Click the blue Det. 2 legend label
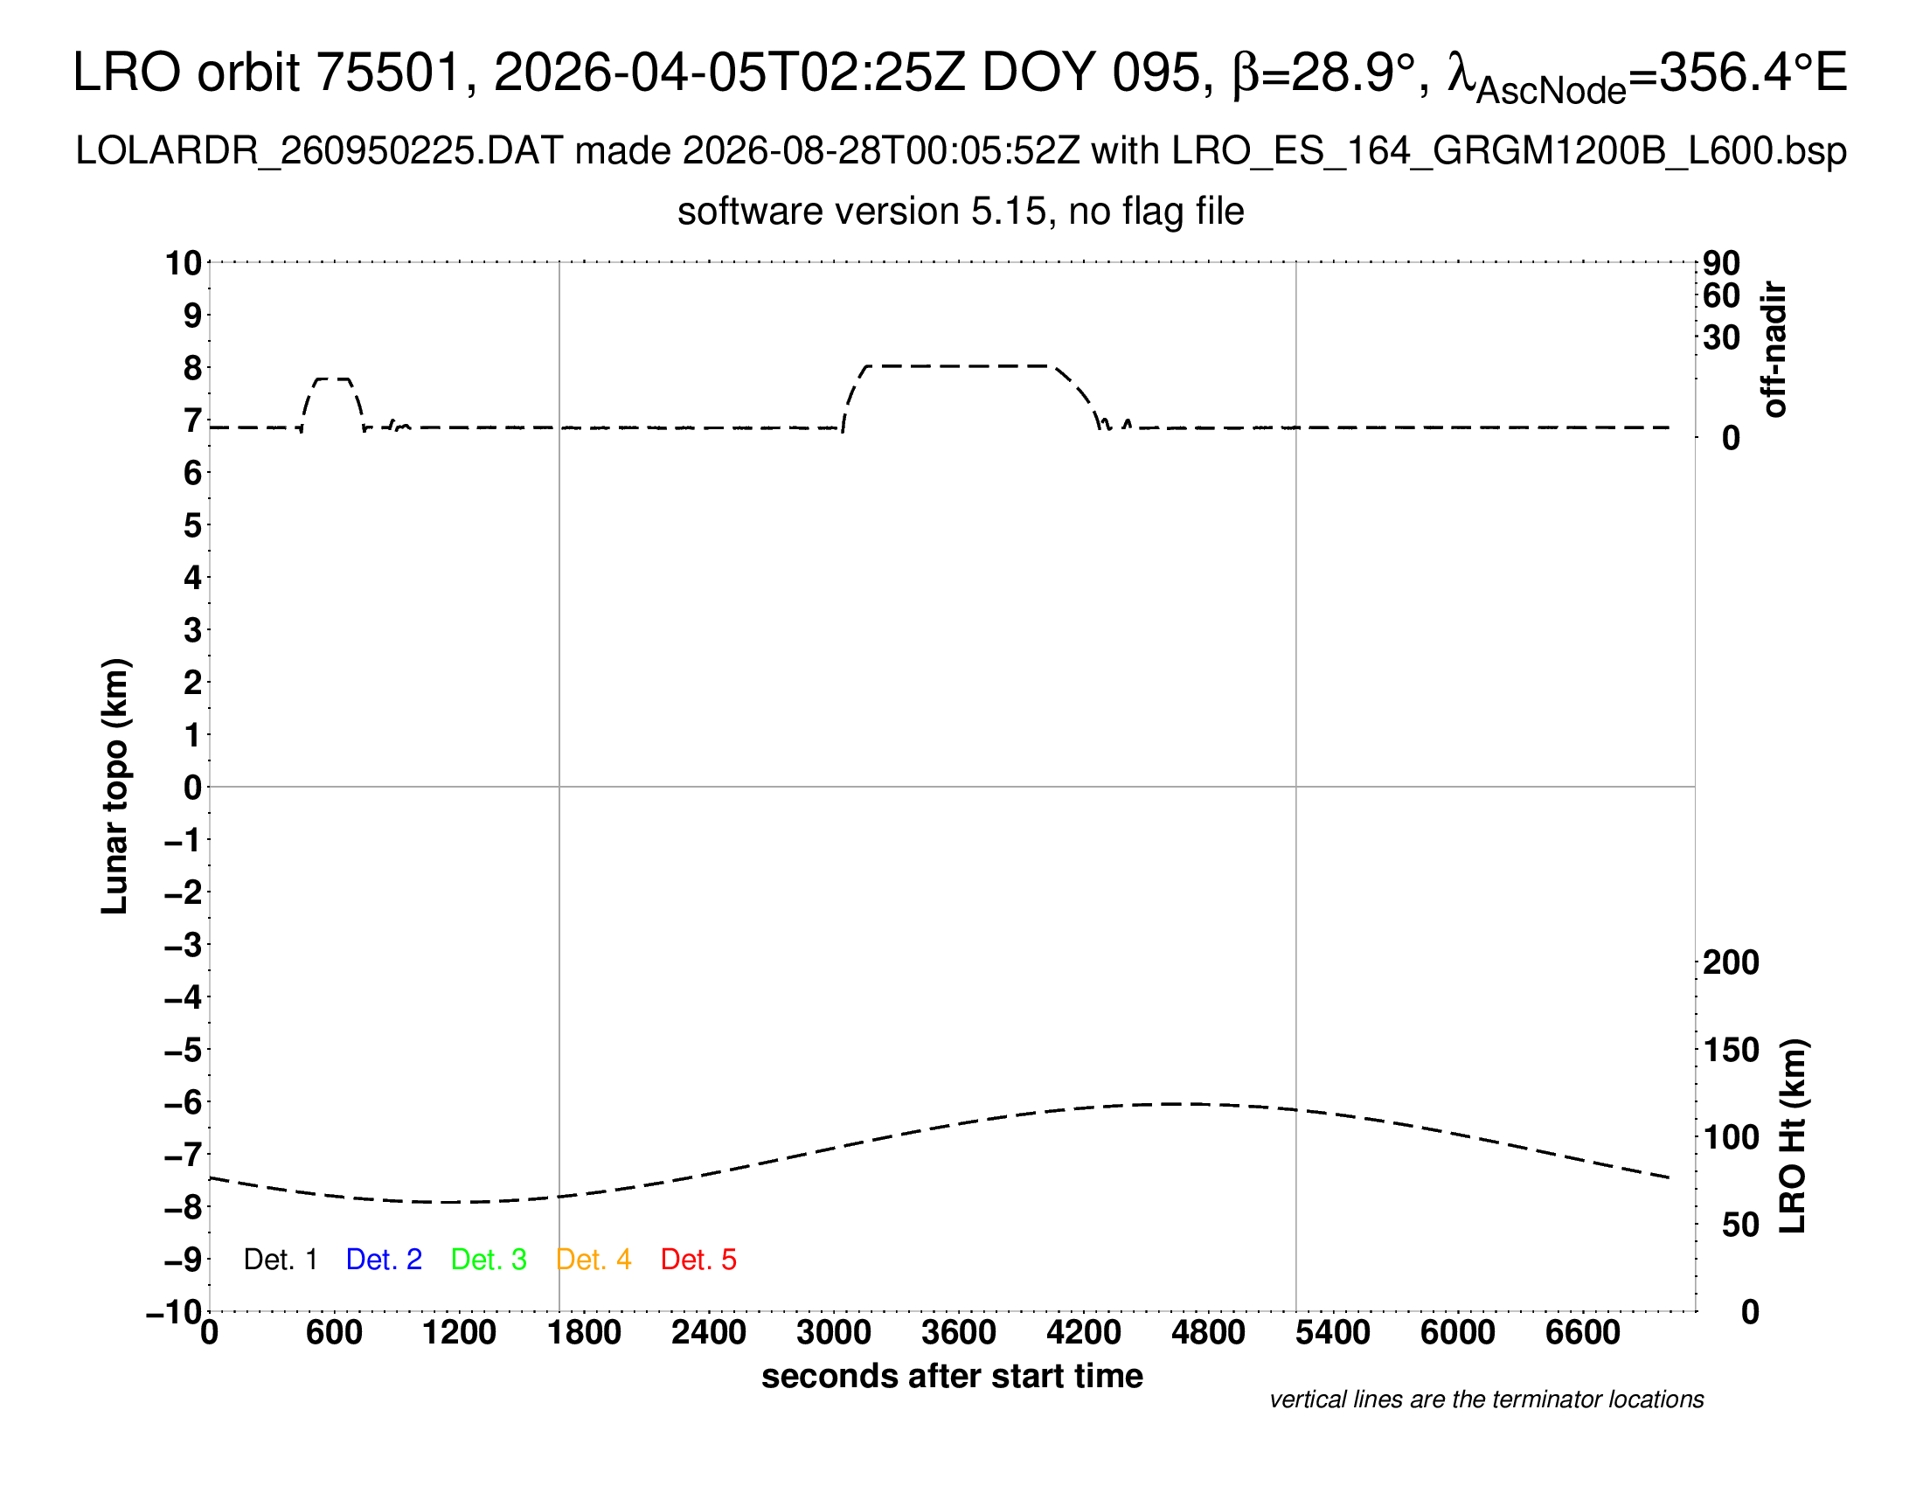tap(384, 1260)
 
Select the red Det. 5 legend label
tap(698, 1260)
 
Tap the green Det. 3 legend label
tap(489, 1260)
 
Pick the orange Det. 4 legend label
tap(594, 1260)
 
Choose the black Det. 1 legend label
tap(280, 1260)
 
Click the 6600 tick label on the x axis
tap(1582, 1333)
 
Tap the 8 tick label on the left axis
tap(193, 368)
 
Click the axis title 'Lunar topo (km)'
tap(115, 786)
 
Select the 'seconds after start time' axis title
tap(952, 1376)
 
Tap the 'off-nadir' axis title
tap(1774, 350)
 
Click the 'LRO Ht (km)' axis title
tap(1793, 1136)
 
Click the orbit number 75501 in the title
tap(388, 72)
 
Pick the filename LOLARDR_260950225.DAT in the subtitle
tap(319, 151)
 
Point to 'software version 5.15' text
tap(862, 212)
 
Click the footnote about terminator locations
tap(1486, 1399)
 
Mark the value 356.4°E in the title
tap(1753, 72)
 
